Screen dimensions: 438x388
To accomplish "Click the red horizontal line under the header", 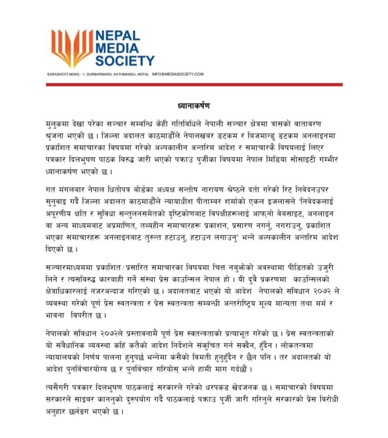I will click(x=194, y=84).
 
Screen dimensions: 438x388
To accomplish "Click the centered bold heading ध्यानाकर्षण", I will click(x=193, y=106).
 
